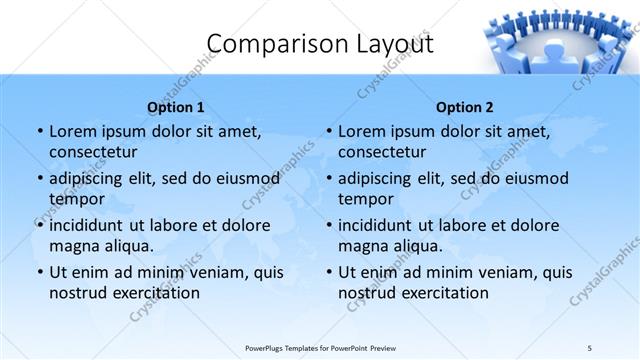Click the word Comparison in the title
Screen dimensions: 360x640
268,44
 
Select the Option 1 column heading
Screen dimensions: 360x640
176,107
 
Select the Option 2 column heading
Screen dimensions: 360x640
465,107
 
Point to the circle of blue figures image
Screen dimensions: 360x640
560,40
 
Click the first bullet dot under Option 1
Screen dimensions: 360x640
39,132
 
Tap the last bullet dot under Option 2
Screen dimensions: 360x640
328,273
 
